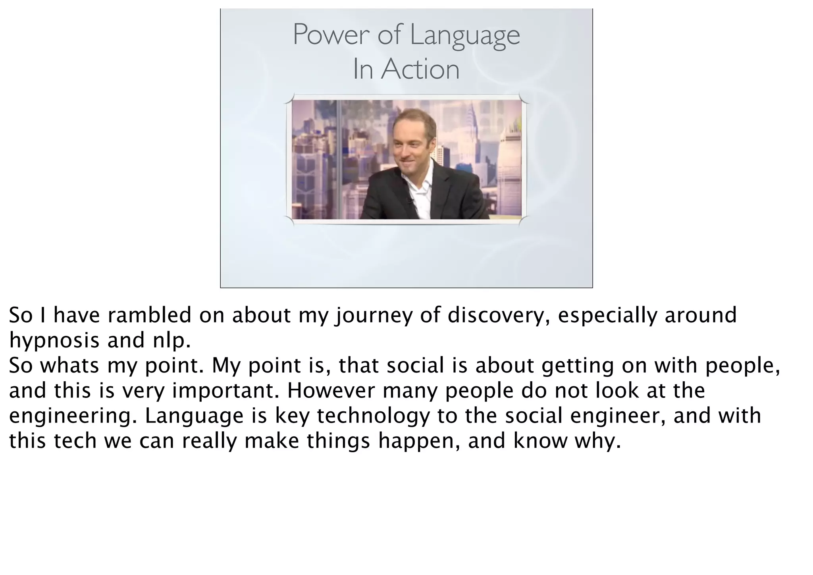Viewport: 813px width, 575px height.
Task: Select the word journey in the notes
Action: click(x=374, y=316)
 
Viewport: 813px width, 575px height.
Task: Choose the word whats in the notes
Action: click(x=69, y=365)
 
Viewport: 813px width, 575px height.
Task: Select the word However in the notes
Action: click(x=331, y=390)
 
